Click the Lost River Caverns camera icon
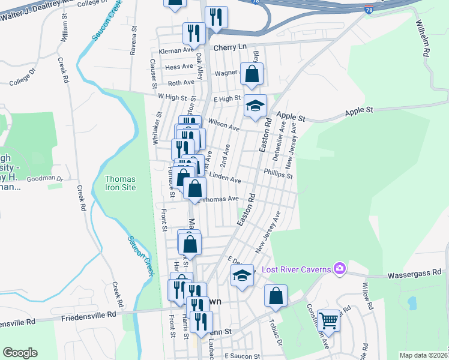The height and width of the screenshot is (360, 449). [x=340, y=268]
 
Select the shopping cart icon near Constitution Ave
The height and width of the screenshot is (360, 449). [x=329, y=320]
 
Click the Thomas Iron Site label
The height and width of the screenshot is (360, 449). [x=120, y=183]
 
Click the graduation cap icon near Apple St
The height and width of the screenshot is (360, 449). [x=255, y=106]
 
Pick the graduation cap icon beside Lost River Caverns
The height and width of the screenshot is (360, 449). [x=242, y=275]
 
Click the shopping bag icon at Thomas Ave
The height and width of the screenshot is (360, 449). [x=195, y=188]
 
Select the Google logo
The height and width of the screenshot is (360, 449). [x=20, y=353]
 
